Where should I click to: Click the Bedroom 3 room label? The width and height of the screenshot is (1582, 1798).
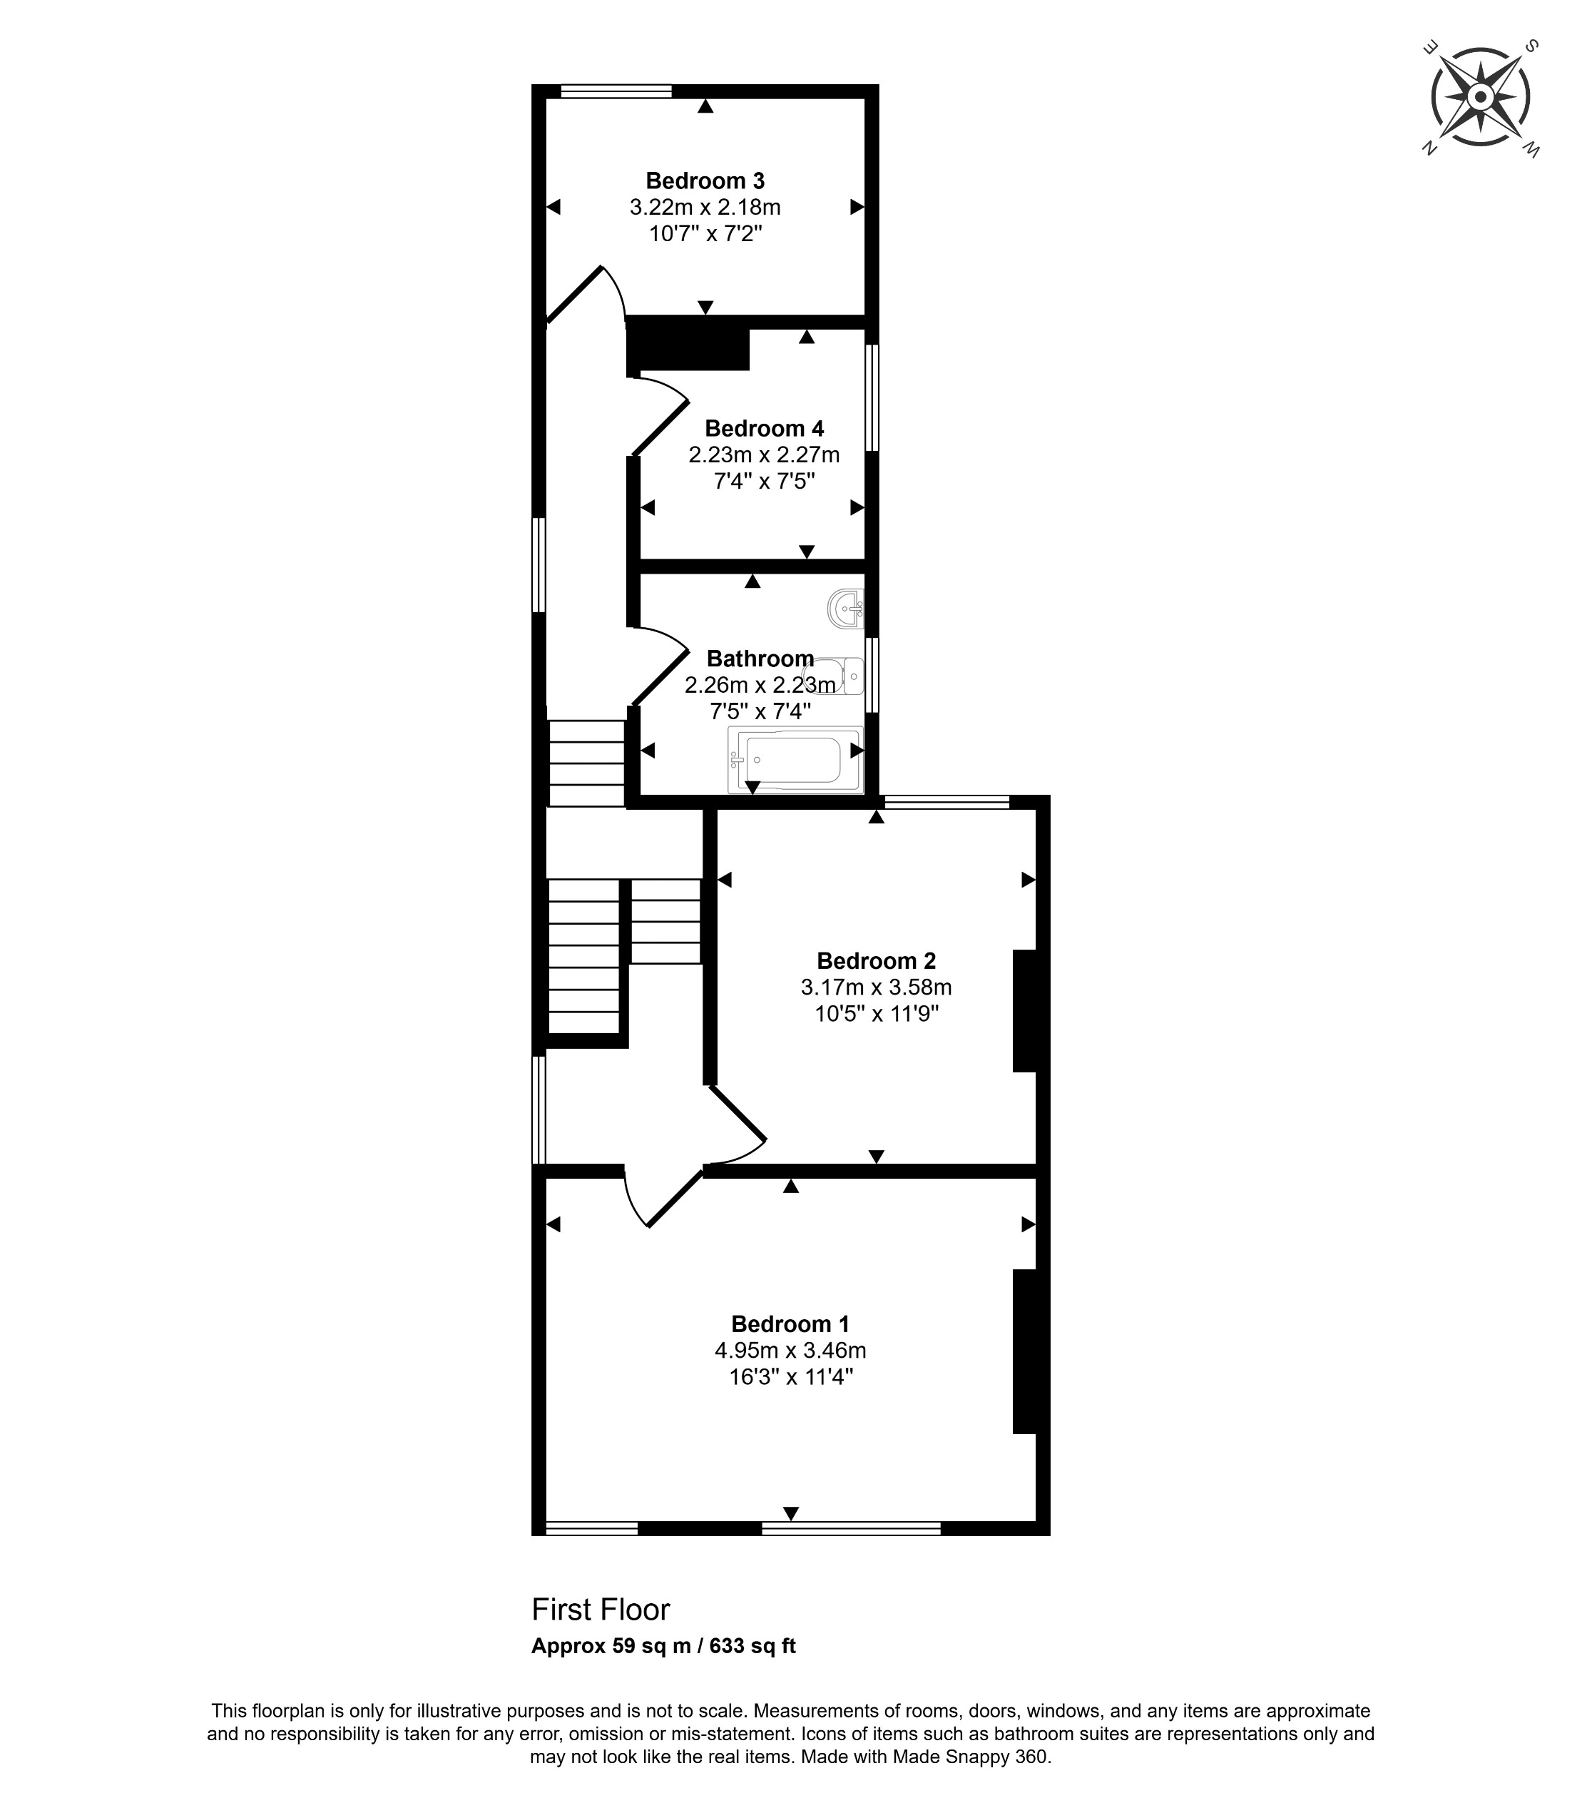705,181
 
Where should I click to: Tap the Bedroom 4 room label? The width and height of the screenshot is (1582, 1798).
764,430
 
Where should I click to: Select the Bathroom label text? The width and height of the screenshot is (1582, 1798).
760,659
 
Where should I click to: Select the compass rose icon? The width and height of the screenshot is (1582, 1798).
1480,98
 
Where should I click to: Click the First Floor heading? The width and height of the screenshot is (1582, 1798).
601,1610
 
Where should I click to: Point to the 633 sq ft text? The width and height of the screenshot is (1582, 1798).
752,1646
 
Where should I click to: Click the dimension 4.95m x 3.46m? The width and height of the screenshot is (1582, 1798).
790,1350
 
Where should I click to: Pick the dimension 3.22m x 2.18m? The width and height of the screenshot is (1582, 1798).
705,208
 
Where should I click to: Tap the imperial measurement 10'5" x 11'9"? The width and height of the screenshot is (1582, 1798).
876,1013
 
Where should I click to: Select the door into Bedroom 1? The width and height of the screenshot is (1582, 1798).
664,1197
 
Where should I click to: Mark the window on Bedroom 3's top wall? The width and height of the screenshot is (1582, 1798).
616,90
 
